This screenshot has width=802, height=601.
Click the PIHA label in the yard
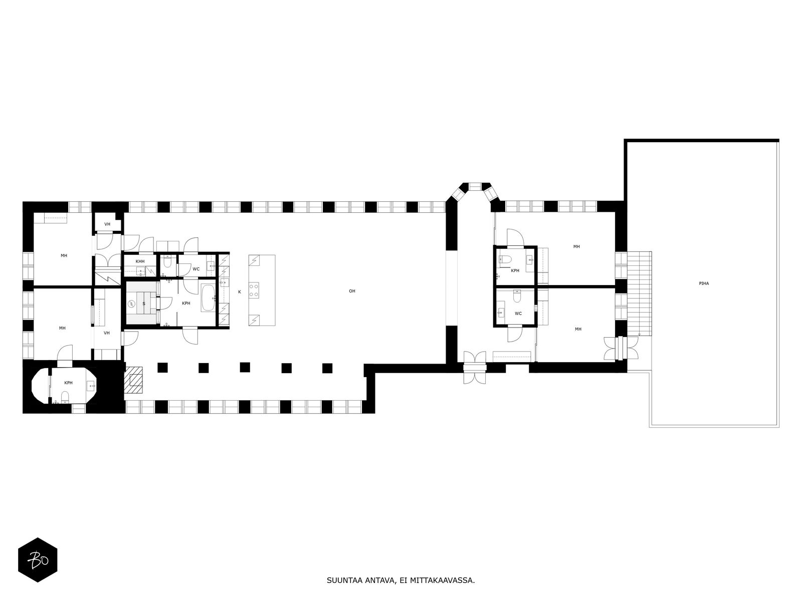(704, 283)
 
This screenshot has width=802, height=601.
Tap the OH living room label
(352, 291)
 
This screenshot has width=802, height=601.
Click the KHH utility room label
(140, 261)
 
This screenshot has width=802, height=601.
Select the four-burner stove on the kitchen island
(255, 290)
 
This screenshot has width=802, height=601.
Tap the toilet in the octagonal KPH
(65, 399)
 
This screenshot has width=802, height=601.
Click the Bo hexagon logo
(38, 560)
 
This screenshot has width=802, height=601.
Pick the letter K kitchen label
(239, 291)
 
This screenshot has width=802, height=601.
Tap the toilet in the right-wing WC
(517, 296)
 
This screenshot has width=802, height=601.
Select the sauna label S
(144, 304)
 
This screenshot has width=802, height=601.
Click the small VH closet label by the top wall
(107, 224)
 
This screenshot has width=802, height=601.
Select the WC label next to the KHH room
(196, 269)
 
